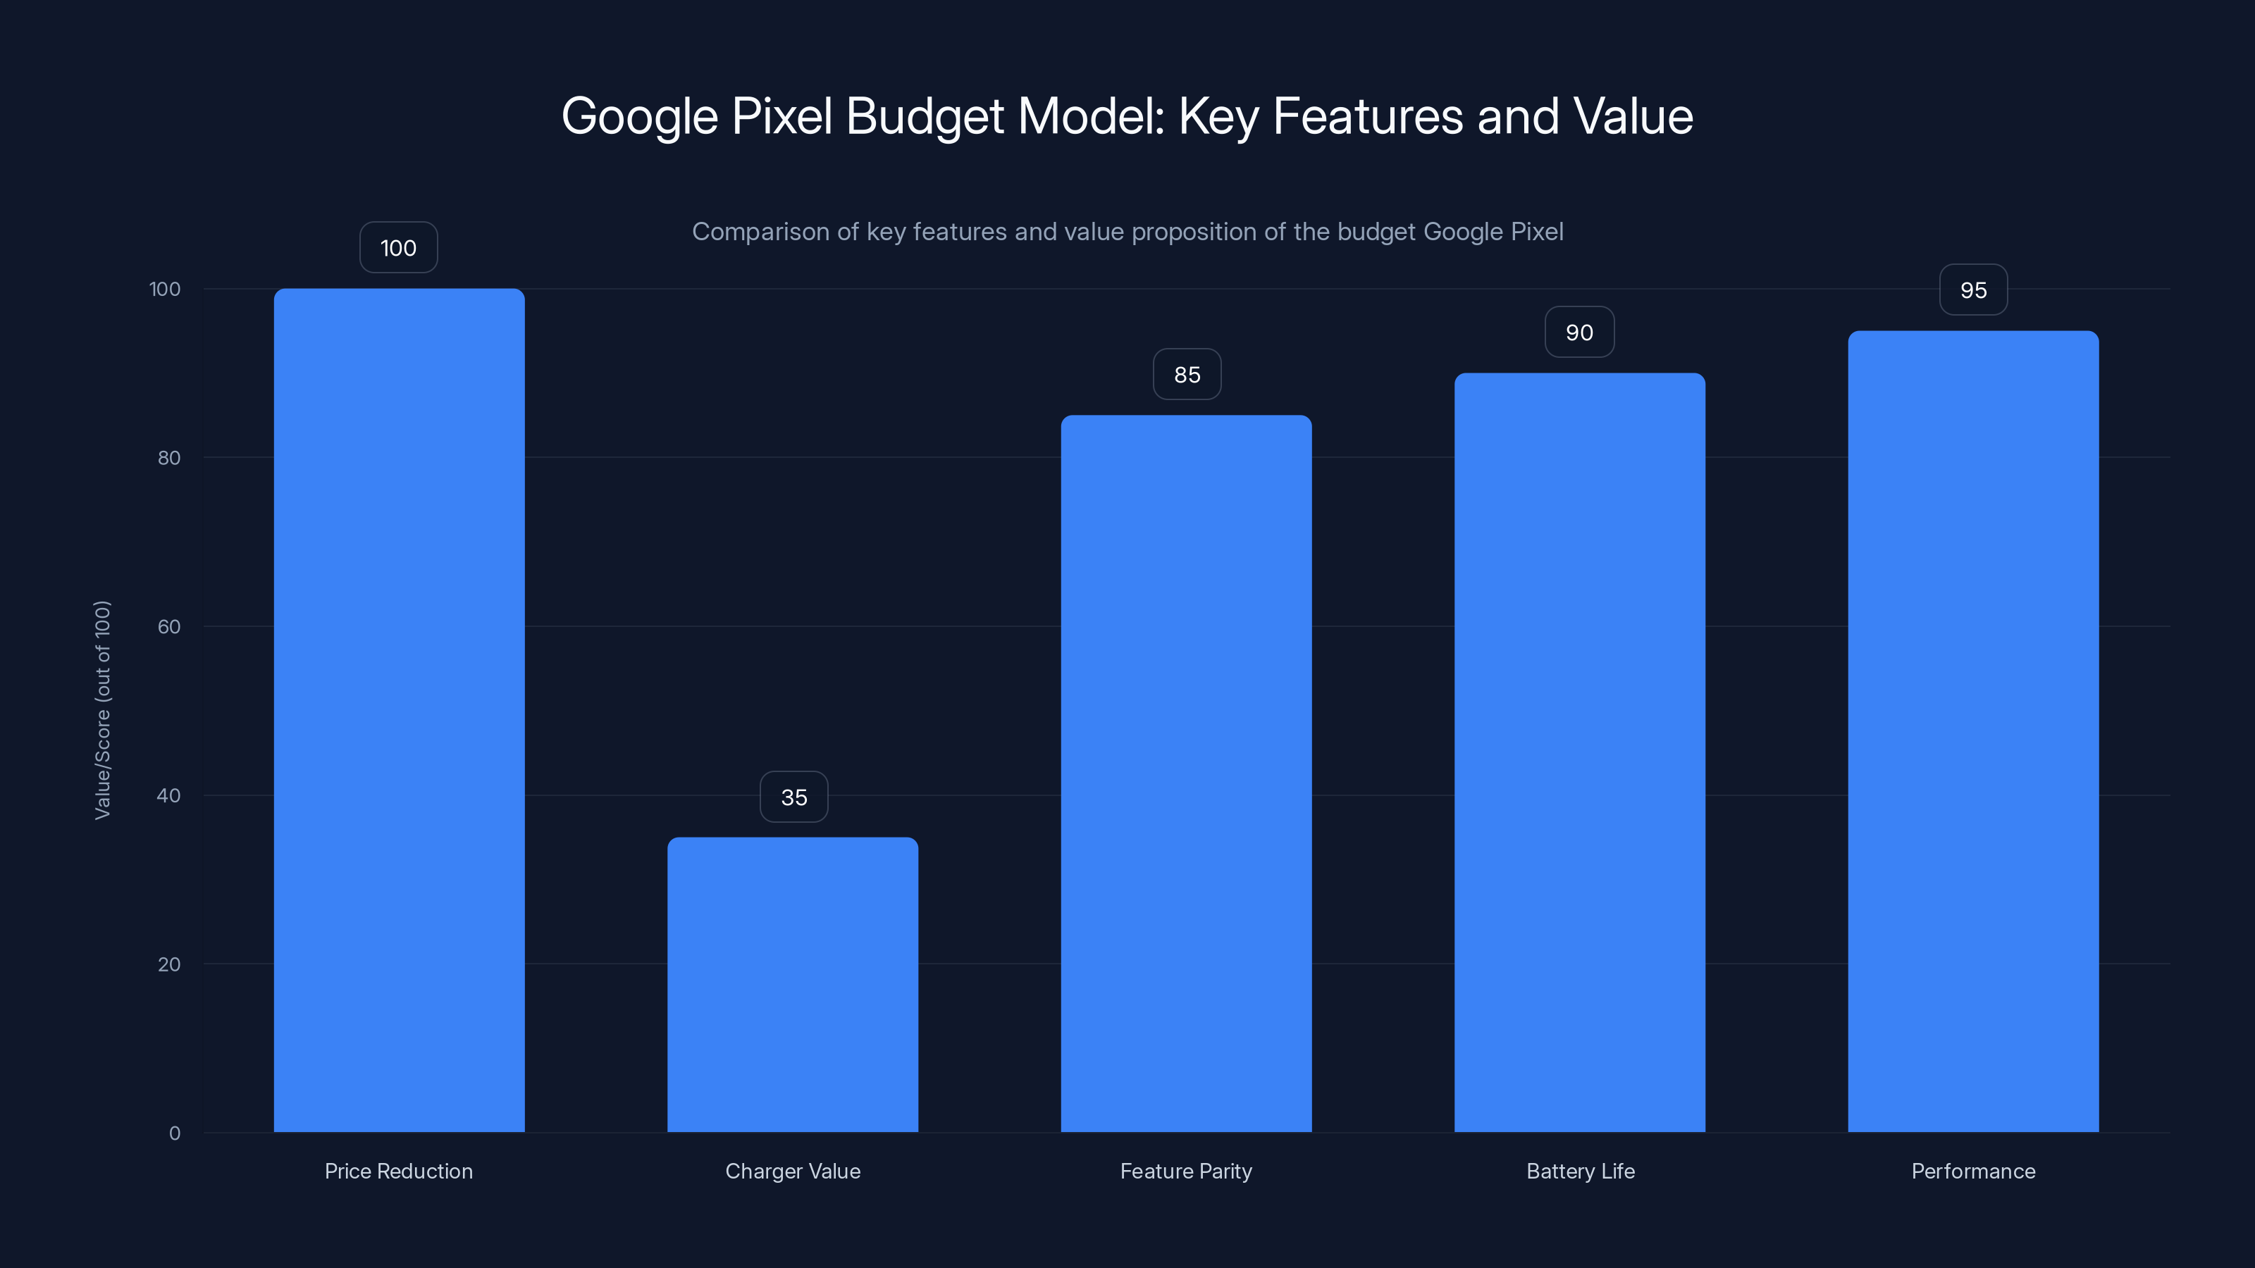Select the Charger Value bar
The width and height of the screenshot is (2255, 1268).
pos(792,985)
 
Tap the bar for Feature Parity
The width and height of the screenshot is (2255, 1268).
pos(1186,773)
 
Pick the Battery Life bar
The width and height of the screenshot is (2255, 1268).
pos(1579,752)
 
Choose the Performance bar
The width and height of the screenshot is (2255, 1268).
pos(1973,732)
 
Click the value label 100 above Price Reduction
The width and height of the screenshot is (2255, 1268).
pos(398,248)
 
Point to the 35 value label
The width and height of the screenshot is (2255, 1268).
pos(794,797)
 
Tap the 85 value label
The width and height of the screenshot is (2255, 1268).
pos(1187,375)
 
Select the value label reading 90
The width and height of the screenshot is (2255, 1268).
pos(1579,332)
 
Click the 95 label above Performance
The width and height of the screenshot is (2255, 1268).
pos(1973,290)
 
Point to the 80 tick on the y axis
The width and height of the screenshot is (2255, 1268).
pos(169,458)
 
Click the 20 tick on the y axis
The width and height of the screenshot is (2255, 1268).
pos(169,964)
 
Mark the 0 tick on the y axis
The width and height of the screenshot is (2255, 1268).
pos(175,1133)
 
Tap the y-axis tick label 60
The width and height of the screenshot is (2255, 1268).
pos(169,626)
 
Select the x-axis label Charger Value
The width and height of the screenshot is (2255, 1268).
pos(792,1171)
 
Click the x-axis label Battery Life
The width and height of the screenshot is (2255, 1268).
pos(1580,1171)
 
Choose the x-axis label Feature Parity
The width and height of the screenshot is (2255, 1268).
pos(1186,1171)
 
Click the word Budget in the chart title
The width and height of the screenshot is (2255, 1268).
pos(925,116)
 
